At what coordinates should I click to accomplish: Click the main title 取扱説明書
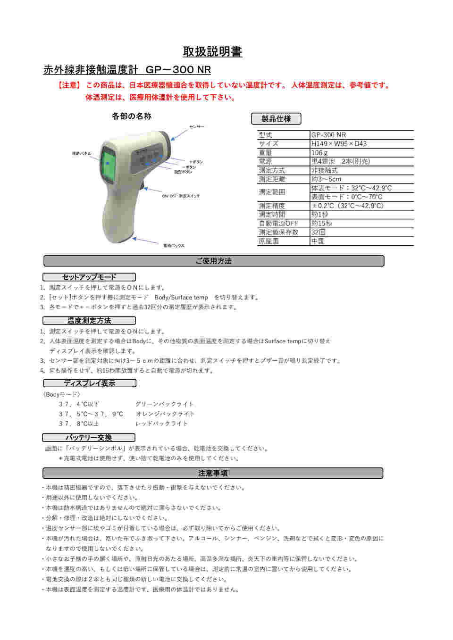212,51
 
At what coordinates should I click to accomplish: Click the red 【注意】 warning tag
69,85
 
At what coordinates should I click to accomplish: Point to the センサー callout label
197,127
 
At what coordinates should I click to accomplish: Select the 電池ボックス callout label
174,245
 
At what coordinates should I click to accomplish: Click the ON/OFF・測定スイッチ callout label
181,196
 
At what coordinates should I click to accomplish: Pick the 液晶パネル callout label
81,153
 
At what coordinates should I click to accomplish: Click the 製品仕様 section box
276,119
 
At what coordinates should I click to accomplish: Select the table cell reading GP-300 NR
328,135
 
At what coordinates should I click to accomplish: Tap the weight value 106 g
319,153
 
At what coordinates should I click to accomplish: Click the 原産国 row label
268,241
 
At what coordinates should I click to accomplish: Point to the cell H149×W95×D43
339,144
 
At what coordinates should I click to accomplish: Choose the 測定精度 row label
272,206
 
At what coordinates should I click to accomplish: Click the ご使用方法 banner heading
214,261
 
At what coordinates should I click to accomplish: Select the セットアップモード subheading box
89,277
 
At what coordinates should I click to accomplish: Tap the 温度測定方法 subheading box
89,321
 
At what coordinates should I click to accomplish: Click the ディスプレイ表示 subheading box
89,383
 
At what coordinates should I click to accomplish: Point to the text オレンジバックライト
165,414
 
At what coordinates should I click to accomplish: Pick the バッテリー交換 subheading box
89,438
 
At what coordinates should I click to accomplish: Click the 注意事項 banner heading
213,473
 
